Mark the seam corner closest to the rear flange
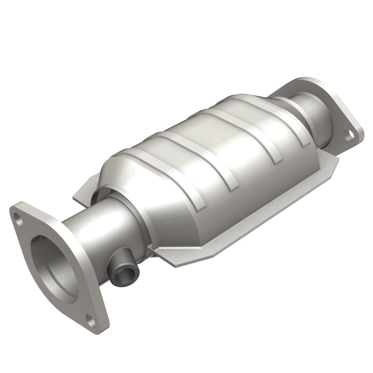click(x=334, y=161)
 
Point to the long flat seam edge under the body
click(x=261, y=219)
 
